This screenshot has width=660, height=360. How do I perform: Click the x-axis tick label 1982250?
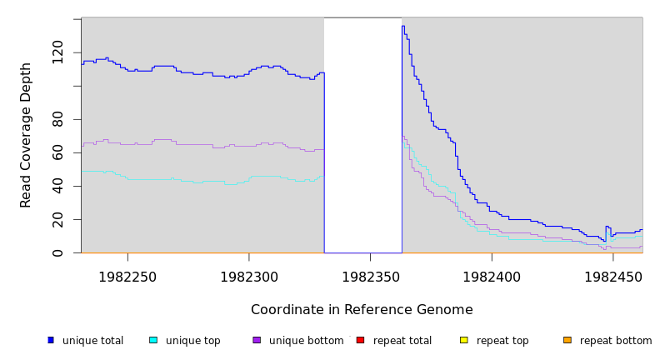127,276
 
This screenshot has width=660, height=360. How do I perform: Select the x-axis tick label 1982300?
248,276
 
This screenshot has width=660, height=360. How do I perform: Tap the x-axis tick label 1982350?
370,276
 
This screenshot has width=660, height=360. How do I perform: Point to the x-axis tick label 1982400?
492,276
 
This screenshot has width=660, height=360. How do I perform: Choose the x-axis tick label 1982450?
613,276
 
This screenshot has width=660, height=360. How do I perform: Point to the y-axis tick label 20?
57,219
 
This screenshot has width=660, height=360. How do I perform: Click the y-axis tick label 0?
57,252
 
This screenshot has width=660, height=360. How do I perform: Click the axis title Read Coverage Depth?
26,135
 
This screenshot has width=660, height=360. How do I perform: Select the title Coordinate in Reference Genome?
362,310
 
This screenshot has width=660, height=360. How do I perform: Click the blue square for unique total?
51,340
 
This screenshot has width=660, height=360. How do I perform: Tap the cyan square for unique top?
153,340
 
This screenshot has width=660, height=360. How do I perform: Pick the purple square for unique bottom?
257,340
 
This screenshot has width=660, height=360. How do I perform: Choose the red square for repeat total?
360,340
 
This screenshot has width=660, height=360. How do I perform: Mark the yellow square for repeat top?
463,340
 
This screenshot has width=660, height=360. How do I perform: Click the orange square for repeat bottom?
567,340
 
